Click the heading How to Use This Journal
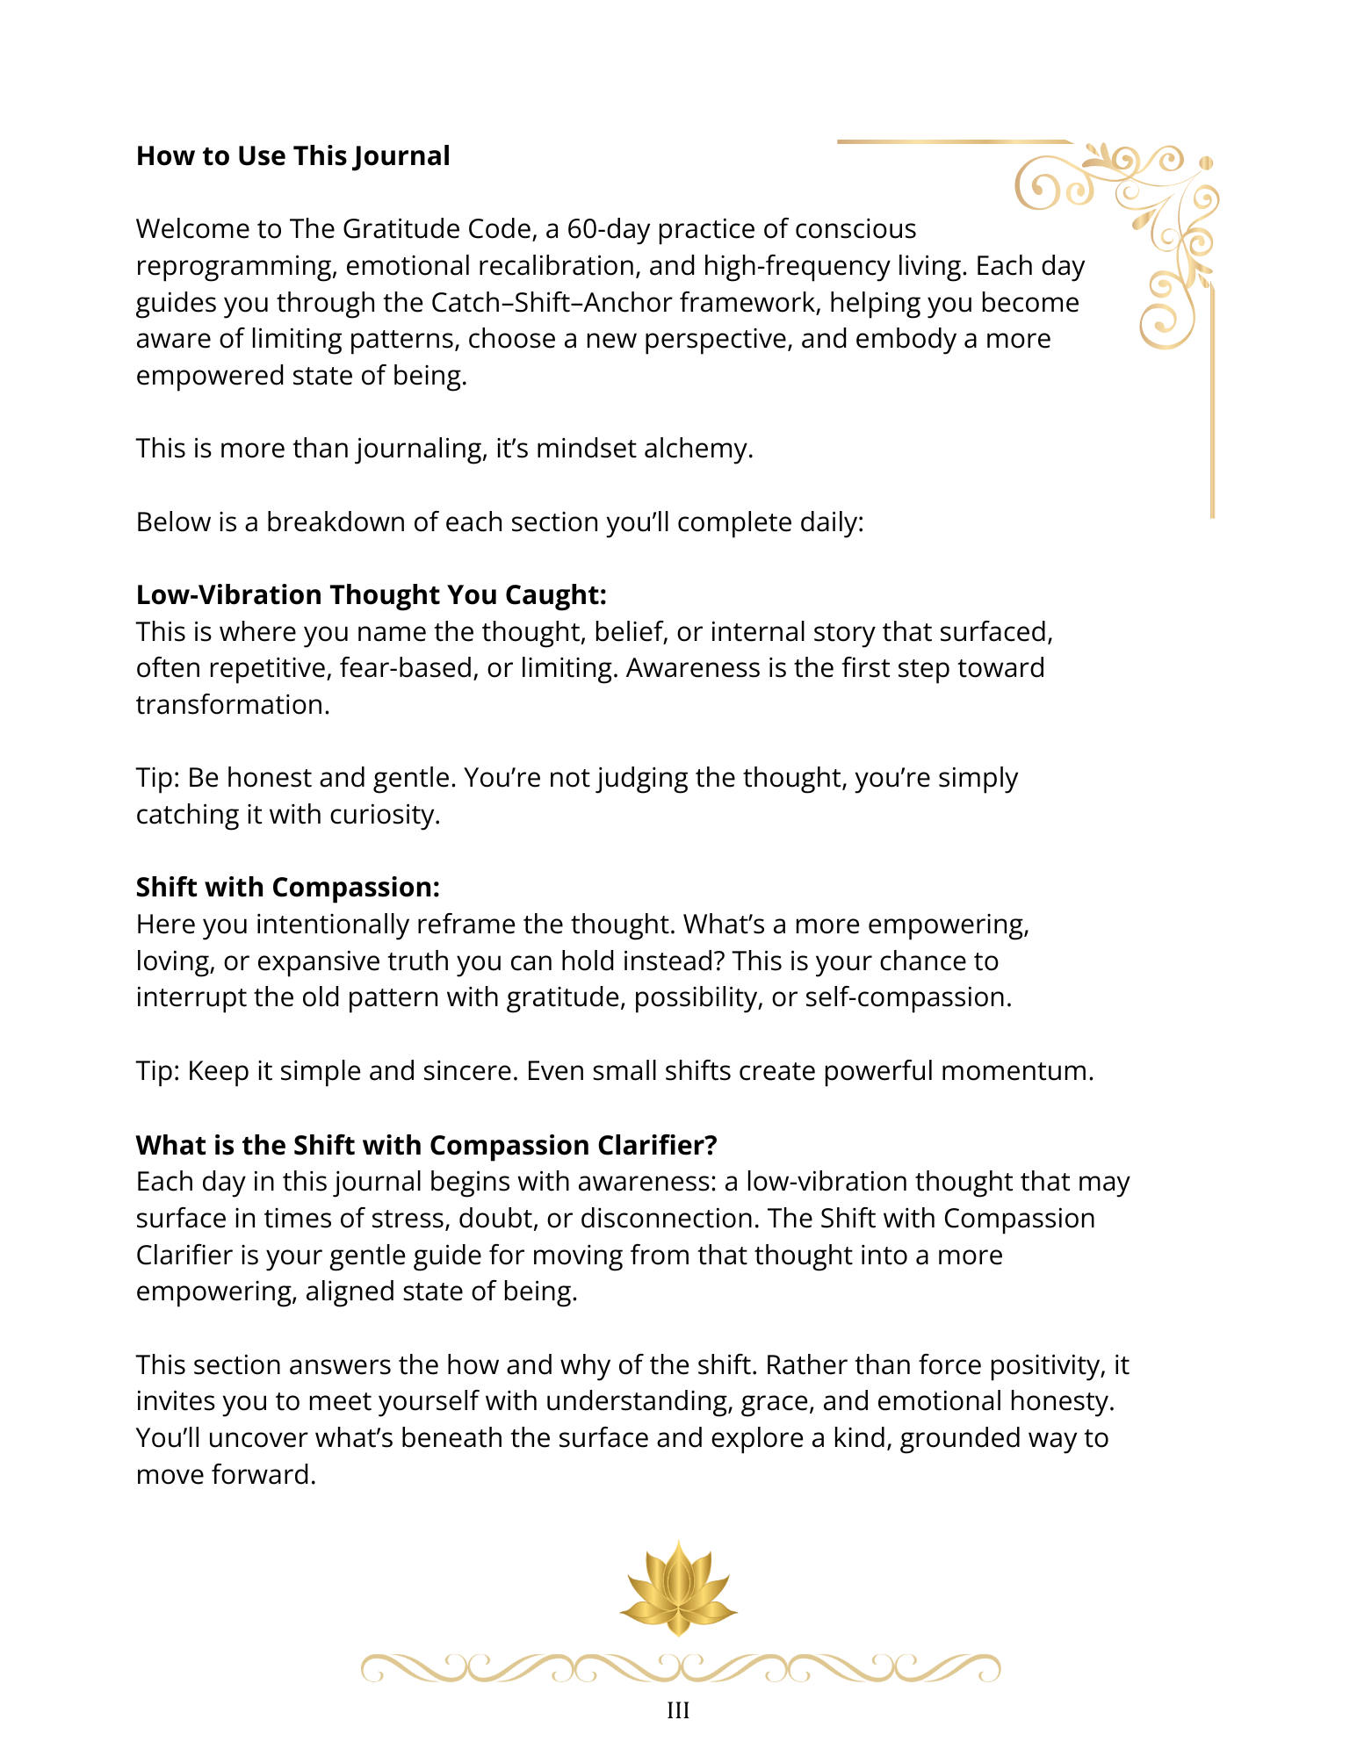tap(292, 156)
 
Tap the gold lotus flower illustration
tap(678, 1589)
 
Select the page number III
tap(678, 1710)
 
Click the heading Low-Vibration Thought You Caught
tap(371, 595)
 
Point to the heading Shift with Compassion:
tap(287, 888)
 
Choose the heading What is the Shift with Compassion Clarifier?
tap(426, 1145)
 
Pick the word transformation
tap(232, 705)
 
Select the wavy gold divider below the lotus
tap(680, 1667)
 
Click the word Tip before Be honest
tap(155, 778)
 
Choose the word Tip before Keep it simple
tap(155, 1071)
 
